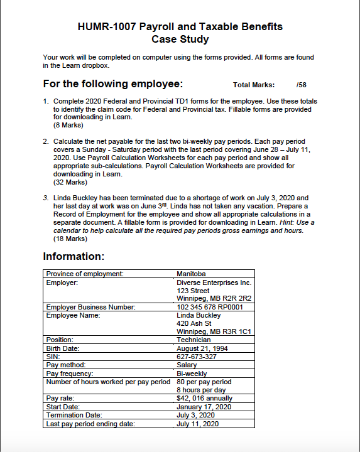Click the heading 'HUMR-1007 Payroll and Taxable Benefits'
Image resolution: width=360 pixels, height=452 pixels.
tap(180, 26)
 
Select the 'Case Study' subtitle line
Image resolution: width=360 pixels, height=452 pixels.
tap(180, 39)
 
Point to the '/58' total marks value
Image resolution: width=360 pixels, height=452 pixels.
tap(301, 85)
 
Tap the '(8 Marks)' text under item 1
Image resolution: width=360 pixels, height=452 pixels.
tap(68, 125)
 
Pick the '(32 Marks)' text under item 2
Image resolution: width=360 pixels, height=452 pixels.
tap(70, 182)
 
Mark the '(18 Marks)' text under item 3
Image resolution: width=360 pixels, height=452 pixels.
tap(70, 239)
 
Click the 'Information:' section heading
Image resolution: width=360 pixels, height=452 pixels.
tap(74, 257)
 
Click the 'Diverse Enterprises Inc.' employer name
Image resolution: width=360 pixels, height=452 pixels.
tap(214, 283)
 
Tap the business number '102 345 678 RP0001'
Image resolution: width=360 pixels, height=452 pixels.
tap(214, 307)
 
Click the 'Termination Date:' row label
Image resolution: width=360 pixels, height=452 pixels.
tap(74, 415)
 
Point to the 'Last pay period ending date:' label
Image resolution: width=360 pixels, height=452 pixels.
tap(90, 423)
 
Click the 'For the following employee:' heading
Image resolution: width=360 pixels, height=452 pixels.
tap(112, 84)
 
